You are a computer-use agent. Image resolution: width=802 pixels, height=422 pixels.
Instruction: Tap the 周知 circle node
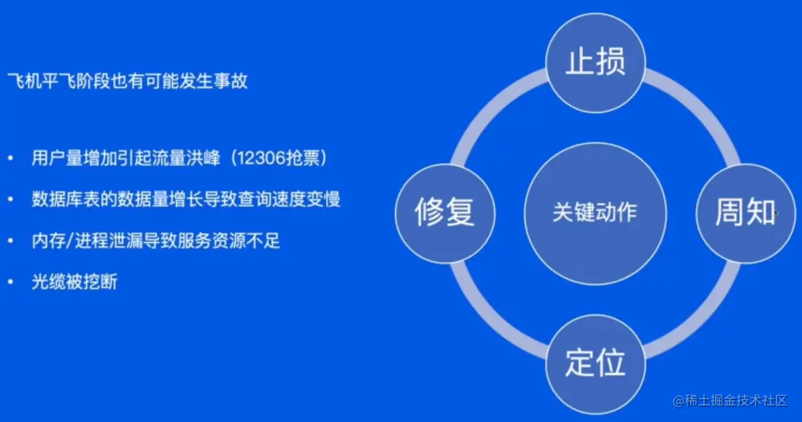coord(745,213)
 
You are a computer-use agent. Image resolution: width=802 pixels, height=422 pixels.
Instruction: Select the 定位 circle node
coord(595,363)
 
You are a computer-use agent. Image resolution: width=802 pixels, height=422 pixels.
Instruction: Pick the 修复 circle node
coord(445,213)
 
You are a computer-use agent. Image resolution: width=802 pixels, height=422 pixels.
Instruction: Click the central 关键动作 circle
coord(595,213)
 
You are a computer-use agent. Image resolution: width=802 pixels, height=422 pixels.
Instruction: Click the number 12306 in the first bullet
coord(267,158)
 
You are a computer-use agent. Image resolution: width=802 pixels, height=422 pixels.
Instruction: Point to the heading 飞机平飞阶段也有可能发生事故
coord(127,81)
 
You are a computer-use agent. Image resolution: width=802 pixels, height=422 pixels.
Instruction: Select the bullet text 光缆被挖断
coord(74,282)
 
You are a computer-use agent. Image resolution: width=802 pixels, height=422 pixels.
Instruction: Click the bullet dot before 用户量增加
coord(11,159)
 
